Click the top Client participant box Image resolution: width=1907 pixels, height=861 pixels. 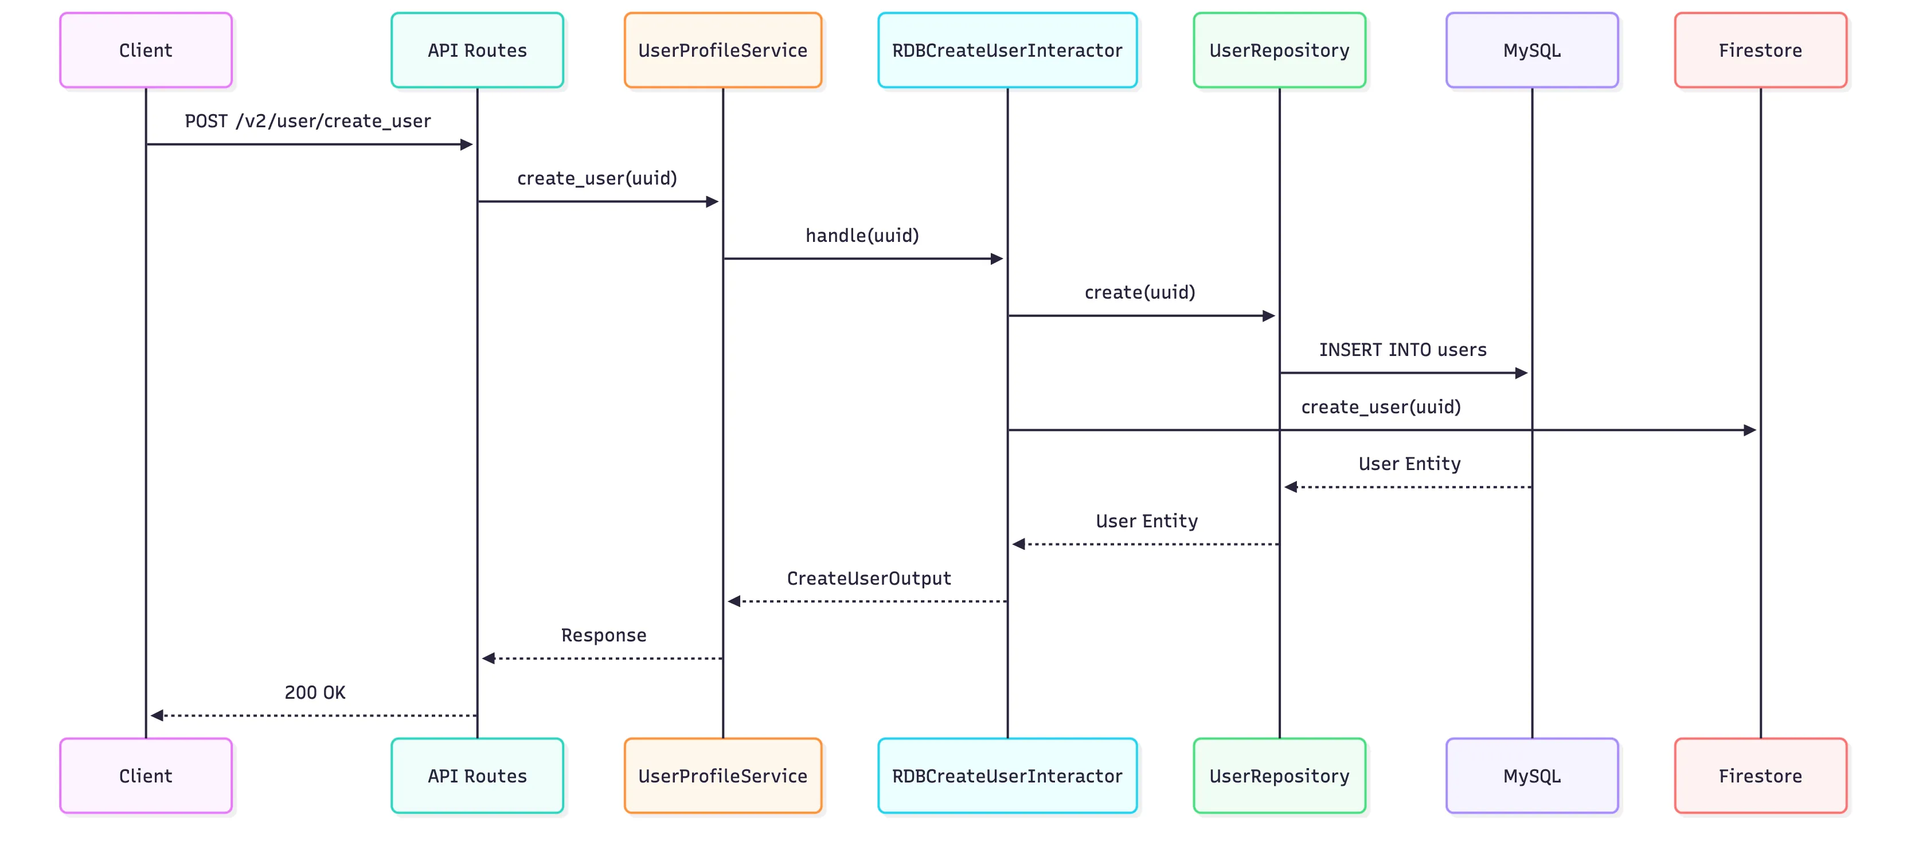[x=146, y=50]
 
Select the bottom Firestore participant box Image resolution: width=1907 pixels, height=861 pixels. [x=1760, y=775]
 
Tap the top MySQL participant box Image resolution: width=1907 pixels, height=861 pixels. [x=1531, y=50]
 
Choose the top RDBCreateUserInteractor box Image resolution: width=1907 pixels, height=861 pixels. [x=1007, y=50]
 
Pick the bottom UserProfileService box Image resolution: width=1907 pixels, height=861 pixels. [x=722, y=775]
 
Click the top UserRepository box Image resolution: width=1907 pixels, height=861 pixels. [x=1279, y=50]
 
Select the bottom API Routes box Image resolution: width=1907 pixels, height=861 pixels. [x=477, y=775]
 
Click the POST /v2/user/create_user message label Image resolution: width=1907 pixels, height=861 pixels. [x=307, y=121]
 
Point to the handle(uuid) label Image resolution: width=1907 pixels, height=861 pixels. [x=862, y=236]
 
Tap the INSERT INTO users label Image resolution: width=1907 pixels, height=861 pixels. [x=1402, y=350]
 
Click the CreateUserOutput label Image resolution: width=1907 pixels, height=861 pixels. [x=869, y=578]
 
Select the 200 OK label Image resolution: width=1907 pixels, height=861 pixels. [x=315, y=692]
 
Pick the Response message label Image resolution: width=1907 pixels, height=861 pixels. [x=603, y=635]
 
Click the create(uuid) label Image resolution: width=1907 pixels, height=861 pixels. [x=1139, y=292]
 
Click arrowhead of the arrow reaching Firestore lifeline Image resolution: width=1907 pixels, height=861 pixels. [x=1750, y=430]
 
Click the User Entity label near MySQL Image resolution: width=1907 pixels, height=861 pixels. [x=1409, y=463]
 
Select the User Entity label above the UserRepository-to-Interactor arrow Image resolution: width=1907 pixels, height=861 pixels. [x=1146, y=521]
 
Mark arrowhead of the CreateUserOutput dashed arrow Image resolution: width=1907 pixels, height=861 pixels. [x=734, y=601]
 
